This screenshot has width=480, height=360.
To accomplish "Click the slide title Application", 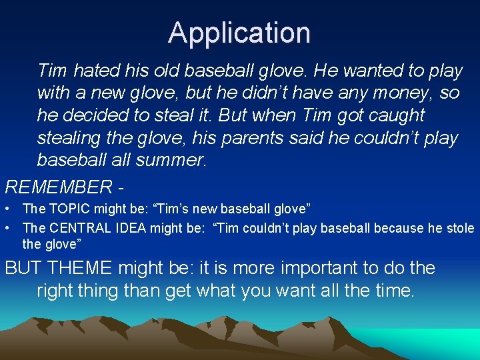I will coord(239,33).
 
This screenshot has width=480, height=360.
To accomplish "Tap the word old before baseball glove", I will coord(169,70).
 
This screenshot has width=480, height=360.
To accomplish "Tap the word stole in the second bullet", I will coord(460,228).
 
